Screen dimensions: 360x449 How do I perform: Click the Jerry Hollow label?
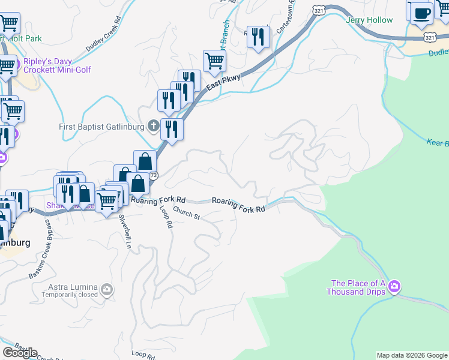pyautogui.click(x=369, y=20)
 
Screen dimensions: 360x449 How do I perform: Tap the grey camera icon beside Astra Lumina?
pyautogui.click(x=107, y=290)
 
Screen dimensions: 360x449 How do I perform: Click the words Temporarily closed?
pyautogui.click(x=70, y=295)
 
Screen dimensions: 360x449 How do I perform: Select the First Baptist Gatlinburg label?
pyautogui.click(x=101, y=127)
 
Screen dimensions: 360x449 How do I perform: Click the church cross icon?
pyautogui.click(x=153, y=126)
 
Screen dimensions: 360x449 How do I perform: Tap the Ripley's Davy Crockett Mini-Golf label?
pyautogui.click(x=57, y=65)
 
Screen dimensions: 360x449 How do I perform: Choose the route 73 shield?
pyautogui.click(x=154, y=175)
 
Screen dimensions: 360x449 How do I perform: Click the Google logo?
pyautogui.click(x=20, y=352)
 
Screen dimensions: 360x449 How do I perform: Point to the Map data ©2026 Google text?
pyautogui.click(x=412, y=355)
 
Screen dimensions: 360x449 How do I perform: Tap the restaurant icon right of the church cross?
pyautogui.click(x=172, y=128)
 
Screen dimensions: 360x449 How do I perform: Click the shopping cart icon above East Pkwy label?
pyautogui.click(x=214, y=60)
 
